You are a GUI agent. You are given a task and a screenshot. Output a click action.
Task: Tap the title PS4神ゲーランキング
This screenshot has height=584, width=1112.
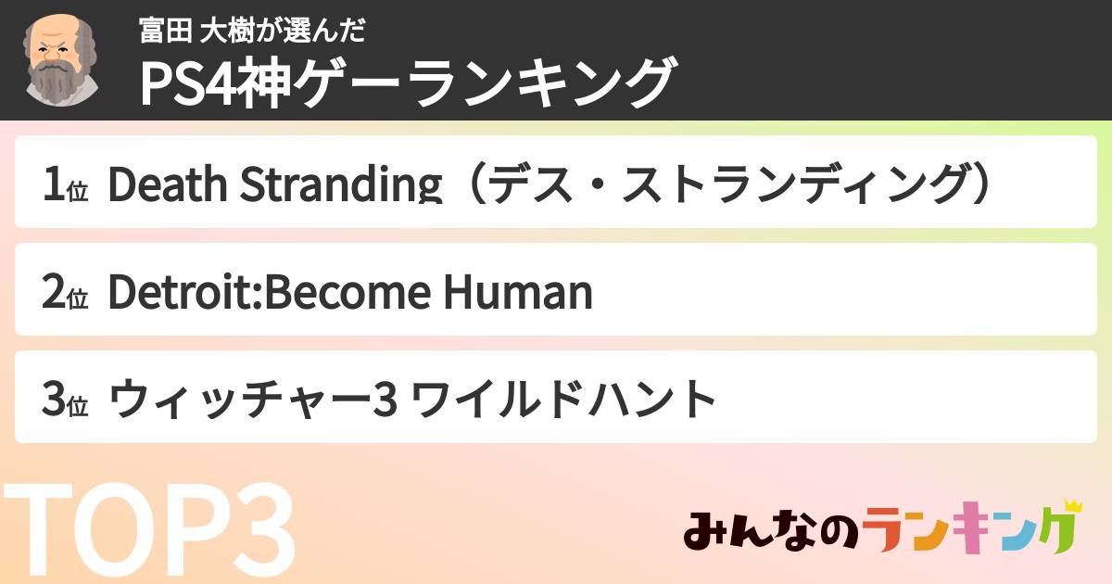pos(406,83)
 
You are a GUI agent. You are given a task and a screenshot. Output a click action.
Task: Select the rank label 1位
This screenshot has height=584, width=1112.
pos(64,185)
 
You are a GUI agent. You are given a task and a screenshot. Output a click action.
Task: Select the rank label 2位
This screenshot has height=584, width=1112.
pos(64,293)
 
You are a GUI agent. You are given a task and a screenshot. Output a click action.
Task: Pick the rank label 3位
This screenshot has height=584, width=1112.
pos(64,400)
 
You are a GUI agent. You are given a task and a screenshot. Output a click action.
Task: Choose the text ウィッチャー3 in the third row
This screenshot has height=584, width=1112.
pos(254,400)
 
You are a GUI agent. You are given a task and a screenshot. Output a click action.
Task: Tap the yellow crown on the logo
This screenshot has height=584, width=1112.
pos(1072,507)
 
